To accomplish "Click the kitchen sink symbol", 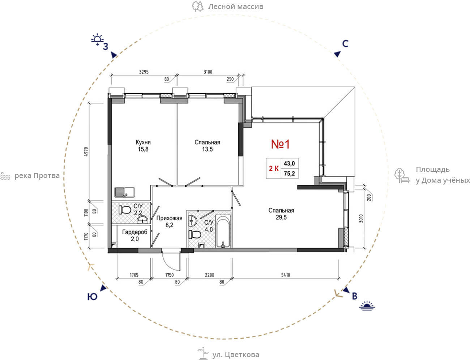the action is pos(124,192).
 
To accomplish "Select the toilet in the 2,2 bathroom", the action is pos(125,210).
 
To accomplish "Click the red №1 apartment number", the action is pos(280,144).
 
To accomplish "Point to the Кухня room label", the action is pos(143,142).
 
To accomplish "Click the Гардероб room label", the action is pos(135,232).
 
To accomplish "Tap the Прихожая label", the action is pos(169,218).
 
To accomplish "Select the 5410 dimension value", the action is pos(286,275).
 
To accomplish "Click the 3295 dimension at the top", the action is pos(144,72).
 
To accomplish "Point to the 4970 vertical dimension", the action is pos(86,152).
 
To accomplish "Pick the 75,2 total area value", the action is pos(289,174).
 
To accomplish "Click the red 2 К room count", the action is pos(274,169).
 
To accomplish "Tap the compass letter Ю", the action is pos(92,297).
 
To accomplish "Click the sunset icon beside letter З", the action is pos(97,39).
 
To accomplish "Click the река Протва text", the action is pos(37,176).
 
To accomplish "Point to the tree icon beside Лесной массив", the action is pos(198,6).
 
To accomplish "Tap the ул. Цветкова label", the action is pos(236,355).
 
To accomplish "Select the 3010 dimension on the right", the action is pos(361,219).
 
